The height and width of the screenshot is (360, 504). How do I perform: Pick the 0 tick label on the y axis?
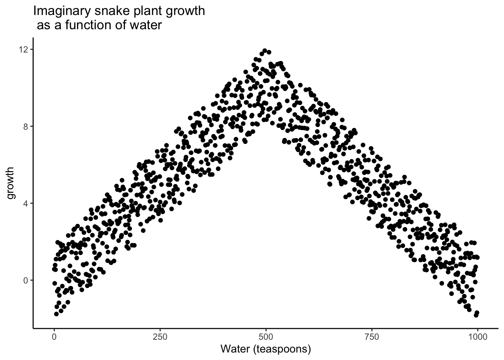[x=26, y=280]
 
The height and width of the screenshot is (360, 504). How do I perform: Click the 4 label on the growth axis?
[x=26, y=203]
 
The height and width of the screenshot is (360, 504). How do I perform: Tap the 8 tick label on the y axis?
[x=26, y=126]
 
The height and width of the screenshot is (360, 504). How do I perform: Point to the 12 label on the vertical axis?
[x=24, y=49]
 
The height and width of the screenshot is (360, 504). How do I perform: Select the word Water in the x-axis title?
[x=235, y=349]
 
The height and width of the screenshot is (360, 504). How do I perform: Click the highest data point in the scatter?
[x=265, y=50]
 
